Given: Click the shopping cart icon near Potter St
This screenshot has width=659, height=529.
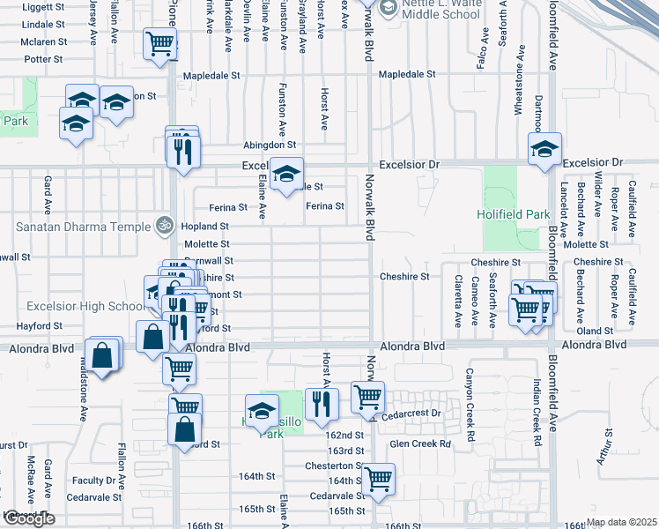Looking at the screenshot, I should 159,42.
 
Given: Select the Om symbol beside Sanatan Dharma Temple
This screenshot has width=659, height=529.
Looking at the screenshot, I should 161,226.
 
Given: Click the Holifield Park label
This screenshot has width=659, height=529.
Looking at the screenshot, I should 513,213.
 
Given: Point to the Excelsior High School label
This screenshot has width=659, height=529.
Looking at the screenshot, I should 74,306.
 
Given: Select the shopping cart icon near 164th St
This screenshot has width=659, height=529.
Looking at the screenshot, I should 379,479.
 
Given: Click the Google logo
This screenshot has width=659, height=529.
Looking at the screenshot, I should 28,518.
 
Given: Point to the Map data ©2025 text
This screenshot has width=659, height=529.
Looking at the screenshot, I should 621,522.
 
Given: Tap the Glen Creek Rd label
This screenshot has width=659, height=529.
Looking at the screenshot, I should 420,443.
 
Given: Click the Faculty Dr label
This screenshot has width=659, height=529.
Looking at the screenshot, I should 89,481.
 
